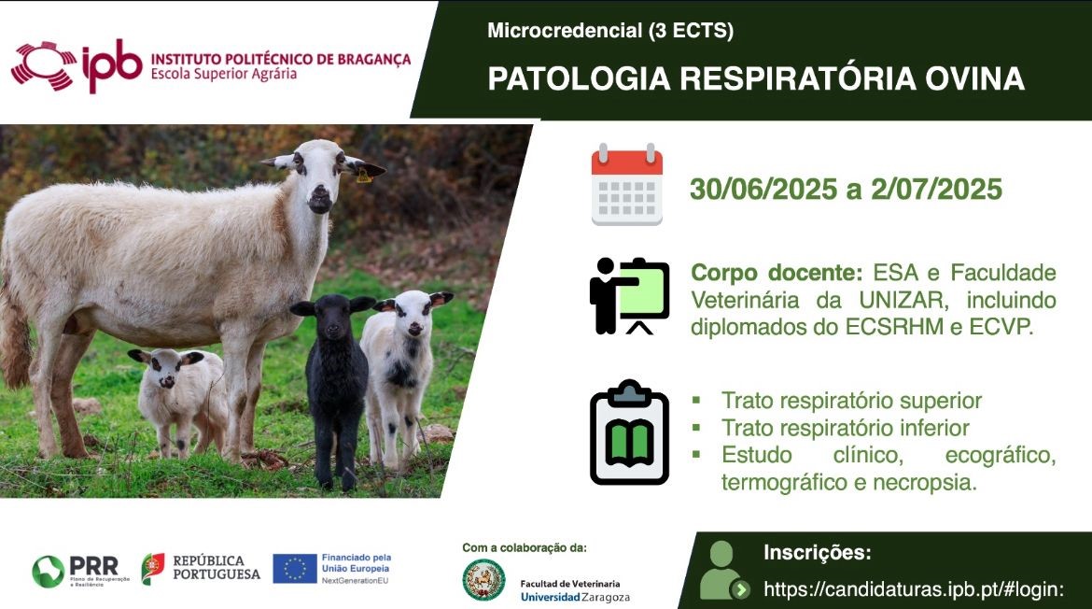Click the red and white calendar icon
click(627, 184)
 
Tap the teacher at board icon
click(629, 296)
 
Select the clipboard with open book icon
click(629, 432)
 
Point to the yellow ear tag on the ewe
click(364, 177)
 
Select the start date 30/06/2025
click(763, 189)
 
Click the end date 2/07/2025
click(936, 189)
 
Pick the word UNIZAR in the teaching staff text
click(902, 300)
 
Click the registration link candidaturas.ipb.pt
click(914, 589)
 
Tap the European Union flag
click(295, 569)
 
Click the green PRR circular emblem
click(48, 572)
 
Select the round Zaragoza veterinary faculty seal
click(484, 580)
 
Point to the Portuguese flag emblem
click(152, 569)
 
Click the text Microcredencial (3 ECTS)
click(610, 31)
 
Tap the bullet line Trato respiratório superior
click(851, 401)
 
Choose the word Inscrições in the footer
click(817, 553)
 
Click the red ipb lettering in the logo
click(111, 64)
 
